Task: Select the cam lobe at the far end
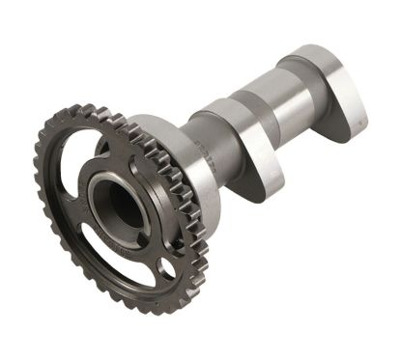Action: [343, 97]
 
